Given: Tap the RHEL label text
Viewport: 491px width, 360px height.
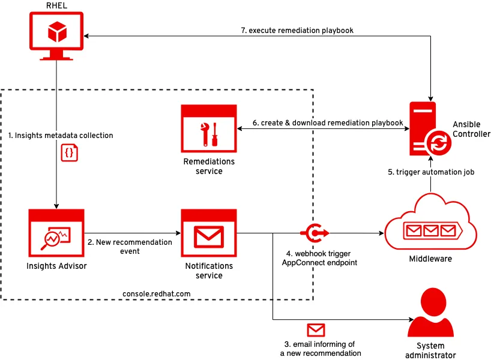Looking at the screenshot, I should click(56, 6).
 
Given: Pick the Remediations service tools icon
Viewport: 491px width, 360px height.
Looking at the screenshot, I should click(209, 129).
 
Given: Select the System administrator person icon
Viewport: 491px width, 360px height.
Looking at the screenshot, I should click(431, 313).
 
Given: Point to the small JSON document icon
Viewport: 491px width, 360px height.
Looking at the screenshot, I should click(70, 152).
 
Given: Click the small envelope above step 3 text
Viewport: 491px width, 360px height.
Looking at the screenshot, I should click(316, 330).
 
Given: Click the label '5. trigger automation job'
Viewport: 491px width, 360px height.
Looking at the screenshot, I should click(431, 172).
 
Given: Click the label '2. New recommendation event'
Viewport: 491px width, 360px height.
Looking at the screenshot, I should click(130, 247).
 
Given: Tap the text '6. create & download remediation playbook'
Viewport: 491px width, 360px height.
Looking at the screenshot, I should click(328, 123).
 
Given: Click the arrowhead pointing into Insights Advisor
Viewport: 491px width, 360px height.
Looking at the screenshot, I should click(56, 205).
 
